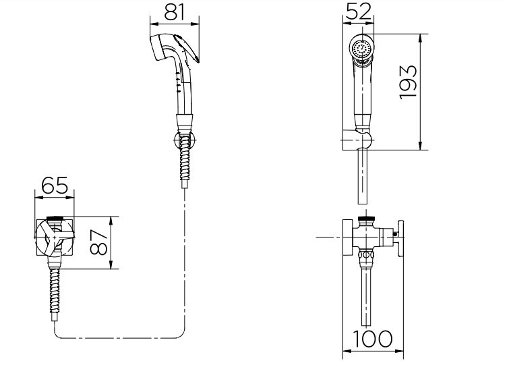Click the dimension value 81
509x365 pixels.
[x=175, y=11]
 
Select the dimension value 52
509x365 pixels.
[x=359, y=11]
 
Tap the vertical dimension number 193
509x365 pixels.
[x=408, y=82]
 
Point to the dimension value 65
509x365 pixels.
[x=55, y=185]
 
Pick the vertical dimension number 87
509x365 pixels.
[x=98, y=242]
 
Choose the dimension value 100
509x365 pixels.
[x=373, y=339]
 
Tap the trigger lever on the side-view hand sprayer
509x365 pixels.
[x=186, y=48]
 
